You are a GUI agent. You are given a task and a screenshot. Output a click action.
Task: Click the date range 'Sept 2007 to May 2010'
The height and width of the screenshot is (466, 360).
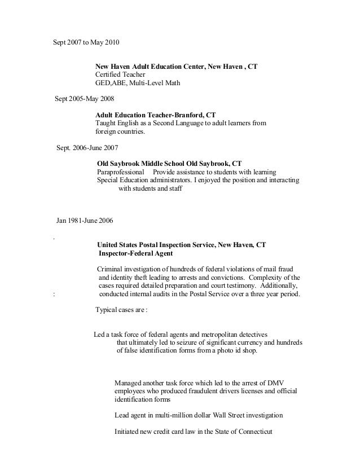click(x=86, y=42)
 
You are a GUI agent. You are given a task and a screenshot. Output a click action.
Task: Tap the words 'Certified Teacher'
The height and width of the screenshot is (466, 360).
click(x=120, y=74)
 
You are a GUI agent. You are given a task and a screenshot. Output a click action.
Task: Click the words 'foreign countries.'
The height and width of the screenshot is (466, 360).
click(x=120, y=132)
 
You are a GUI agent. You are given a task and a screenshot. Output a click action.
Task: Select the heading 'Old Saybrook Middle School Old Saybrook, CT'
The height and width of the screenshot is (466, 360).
click(x=169, y=162)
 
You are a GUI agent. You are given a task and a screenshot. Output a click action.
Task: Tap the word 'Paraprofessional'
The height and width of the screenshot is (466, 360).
click(x=120, y=172)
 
